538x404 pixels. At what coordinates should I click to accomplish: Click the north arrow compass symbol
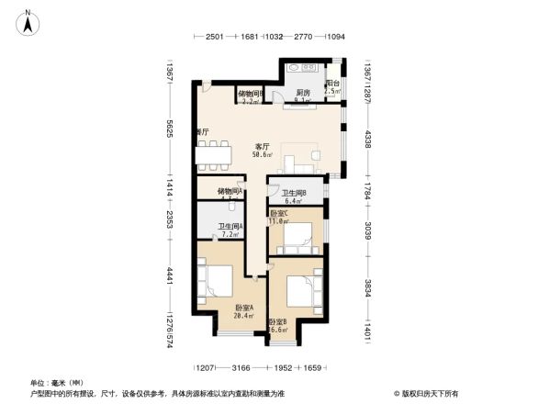coord(29,20)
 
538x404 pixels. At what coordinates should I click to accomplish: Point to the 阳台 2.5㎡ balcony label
coord(332,87)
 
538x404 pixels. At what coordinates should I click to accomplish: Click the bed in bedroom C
coord(299,238)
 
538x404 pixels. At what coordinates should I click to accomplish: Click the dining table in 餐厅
coord(214,155)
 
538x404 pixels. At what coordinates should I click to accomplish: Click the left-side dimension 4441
coord(170,275)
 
